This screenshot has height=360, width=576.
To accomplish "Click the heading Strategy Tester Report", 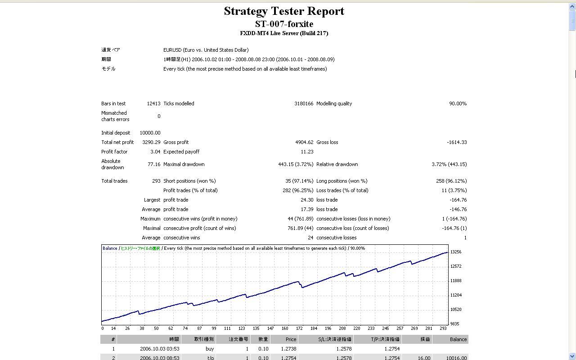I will tap(284, 11).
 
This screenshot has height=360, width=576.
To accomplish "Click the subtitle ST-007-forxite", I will tap(284, 24).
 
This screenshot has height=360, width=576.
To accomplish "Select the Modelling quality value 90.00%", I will tap(458, 103).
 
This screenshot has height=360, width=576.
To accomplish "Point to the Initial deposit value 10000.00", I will tap(150, 133).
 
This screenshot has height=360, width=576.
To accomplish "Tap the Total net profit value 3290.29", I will tap(151, 142).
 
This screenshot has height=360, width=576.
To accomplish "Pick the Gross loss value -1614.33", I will tap(457, 142).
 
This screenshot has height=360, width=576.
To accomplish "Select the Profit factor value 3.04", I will tap(155, 152).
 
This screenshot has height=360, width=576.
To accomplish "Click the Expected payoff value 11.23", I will tap(307, 152).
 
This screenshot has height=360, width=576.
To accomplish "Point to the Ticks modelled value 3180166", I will tap(304, 103).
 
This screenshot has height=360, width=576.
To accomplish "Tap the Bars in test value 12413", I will tap(153, 103).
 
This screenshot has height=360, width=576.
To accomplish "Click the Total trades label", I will tap(114, 181).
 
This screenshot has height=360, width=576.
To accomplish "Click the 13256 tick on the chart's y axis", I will tap(455, 252).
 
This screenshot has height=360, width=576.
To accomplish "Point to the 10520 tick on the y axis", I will tap(455, 310).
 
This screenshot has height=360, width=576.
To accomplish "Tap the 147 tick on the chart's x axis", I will tap(270, 328).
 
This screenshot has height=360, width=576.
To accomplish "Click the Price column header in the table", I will tap(291, 339).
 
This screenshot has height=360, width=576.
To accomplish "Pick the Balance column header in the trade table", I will tap(458, 339).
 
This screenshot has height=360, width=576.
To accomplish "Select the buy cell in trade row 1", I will tap(209, 349).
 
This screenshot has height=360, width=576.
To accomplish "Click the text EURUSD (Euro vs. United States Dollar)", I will tap(206, 50).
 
